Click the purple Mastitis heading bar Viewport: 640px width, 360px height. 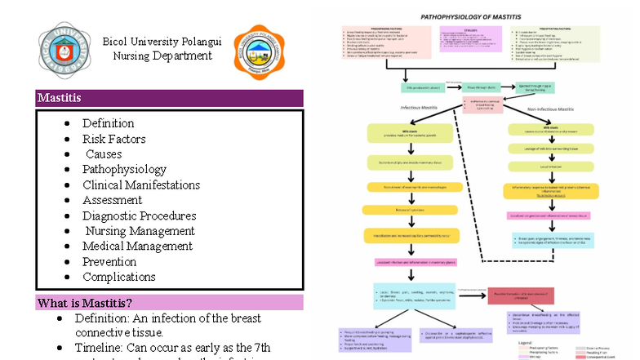click(x=169, y=98)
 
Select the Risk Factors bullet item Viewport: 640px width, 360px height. click(x=113, y=139)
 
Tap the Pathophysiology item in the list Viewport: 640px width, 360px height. click(x=124, y=170)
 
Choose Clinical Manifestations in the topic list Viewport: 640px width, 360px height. click(x=140, y=185)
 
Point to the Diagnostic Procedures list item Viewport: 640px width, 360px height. click(x=139, y=216)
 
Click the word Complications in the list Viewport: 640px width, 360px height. click(x=118, y=278)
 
